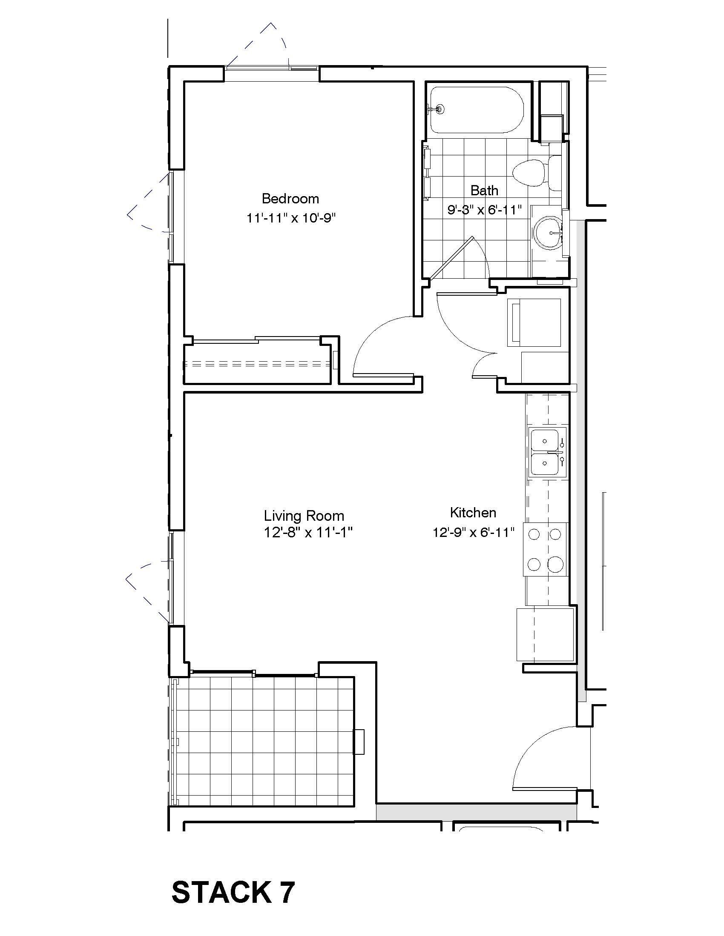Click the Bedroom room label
(x=290, y=199)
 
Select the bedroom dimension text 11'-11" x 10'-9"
(x=290, y=219)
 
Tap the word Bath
(x=484, y=190)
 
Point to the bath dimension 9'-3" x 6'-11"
(x=484, y=210)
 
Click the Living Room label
(x=304, y=516)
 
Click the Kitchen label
(x=473, y=513)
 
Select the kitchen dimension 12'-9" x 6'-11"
(x=474, y=533)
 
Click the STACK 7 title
(x=233, y=893)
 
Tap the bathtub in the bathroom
(x=477, y=110)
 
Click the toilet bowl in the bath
(x=529, y=173)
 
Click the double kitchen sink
(x=546, y=452)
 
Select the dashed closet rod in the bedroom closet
(x=257, y=365)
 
